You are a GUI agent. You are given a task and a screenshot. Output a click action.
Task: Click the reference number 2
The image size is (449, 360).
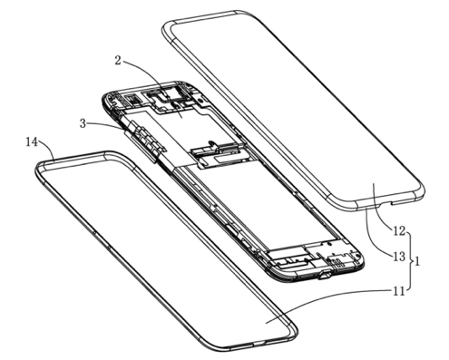point(118,61)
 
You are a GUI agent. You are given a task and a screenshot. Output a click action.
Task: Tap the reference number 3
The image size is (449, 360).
point(83,123)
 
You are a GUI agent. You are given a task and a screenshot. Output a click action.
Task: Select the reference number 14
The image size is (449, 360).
point(32,141)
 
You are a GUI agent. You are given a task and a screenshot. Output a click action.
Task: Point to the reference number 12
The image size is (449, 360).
point(399,231)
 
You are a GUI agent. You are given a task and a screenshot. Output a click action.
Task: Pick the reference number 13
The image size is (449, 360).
point(399,257)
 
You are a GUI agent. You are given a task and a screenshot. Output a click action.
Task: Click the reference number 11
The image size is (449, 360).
point(398,291)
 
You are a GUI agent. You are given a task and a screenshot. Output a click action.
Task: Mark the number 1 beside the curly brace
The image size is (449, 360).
point(416,261)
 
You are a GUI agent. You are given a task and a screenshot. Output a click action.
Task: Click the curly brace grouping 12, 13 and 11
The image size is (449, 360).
point(409,260)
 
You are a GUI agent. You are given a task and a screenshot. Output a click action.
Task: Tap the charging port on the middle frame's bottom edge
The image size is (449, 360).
point(326,276)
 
